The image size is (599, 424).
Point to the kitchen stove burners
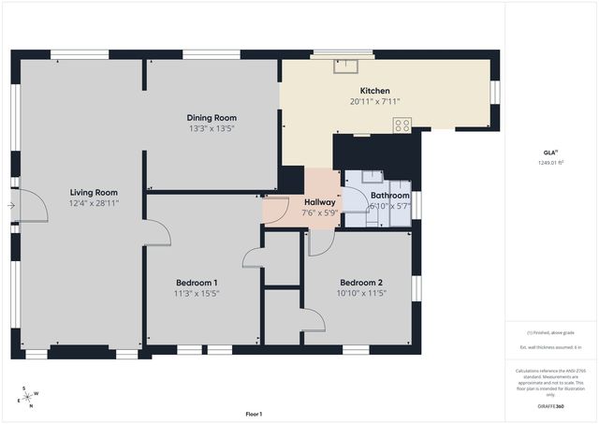coord(402,124)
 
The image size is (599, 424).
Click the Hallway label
coord(319,201)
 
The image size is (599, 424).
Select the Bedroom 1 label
coord(197,283)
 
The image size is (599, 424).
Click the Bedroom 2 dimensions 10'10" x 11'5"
coord(360,293)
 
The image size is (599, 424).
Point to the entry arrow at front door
coord(11,205)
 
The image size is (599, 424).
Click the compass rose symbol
coord(28,396)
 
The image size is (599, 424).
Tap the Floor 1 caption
coord(254,414)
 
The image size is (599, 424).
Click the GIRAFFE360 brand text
coord(550,406)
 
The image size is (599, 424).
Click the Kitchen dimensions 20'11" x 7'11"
coord(374,101)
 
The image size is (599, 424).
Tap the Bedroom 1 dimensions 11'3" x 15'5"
coord(197,293)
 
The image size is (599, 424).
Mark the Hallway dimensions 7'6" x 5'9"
coord(319,212)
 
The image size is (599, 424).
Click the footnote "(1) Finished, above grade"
coord(550,332)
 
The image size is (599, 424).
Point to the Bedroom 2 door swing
coord(320,243)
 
